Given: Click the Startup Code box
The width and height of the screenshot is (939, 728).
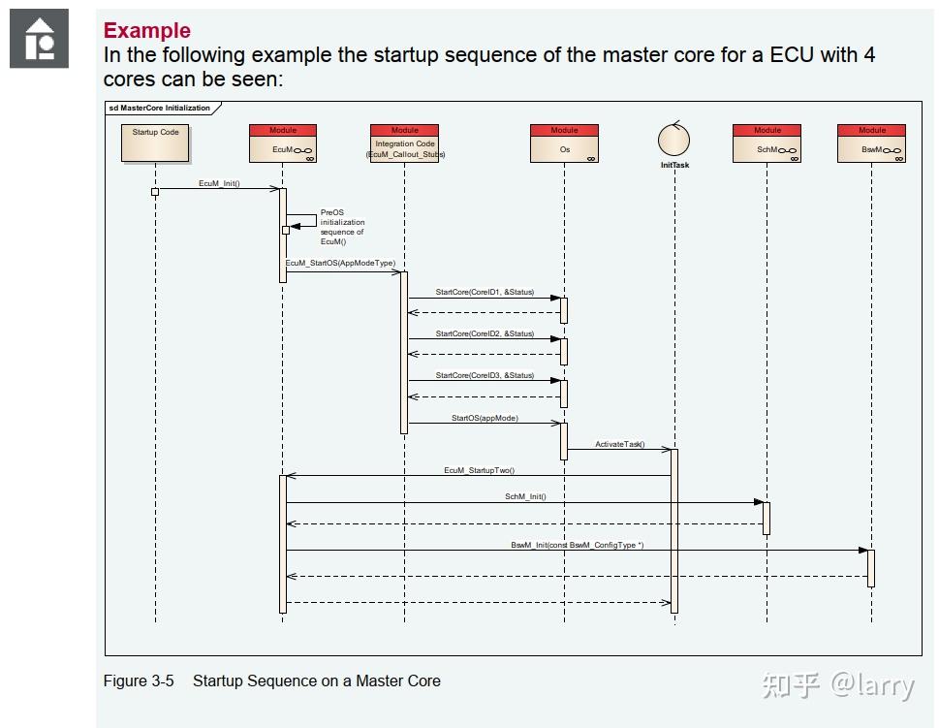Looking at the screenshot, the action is pos(155,143).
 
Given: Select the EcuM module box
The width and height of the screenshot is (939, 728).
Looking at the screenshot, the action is pos(283,143).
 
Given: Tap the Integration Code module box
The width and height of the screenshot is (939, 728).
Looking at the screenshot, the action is pos(405,143).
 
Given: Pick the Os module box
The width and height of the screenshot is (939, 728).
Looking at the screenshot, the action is pos(564,143).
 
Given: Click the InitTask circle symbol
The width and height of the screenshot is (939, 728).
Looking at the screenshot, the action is pos(673,139).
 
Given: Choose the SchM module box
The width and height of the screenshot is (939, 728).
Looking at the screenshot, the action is pos(767,143).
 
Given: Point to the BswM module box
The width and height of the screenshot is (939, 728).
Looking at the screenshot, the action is pos(871,143).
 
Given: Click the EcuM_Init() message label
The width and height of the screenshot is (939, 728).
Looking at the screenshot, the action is pos(219,183).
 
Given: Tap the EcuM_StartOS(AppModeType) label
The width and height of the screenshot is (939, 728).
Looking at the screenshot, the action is pos(340,263).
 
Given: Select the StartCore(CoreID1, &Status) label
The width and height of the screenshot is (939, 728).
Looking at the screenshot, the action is pos(485,292).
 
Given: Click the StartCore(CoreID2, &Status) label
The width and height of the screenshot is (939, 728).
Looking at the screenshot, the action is pos(485,333).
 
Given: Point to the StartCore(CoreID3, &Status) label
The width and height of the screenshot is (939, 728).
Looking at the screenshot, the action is pos(485,375).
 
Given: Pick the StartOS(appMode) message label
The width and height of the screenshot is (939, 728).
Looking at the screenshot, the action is pos(485,418).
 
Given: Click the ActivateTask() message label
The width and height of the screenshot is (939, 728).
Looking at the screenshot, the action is pos(620,444).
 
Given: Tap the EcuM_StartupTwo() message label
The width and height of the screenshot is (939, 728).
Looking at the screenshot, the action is pos(479,470).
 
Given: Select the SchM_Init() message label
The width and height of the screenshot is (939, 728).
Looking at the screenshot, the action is pos(525,496).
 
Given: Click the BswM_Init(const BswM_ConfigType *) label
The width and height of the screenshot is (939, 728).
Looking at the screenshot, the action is pos(578,545).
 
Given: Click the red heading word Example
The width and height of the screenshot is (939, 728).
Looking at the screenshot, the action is pos(146,31).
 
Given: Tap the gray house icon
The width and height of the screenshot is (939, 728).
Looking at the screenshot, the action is pos(39,39).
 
